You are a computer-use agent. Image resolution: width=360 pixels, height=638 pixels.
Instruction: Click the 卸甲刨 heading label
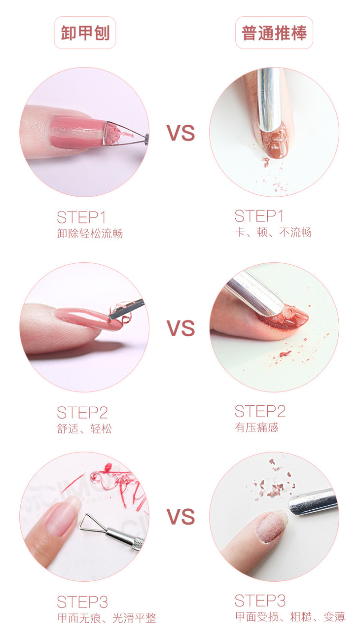coord(85,33)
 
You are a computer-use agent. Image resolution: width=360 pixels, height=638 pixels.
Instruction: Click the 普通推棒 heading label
coord(274,33)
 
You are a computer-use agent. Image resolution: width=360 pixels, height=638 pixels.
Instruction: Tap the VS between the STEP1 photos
coord(180,133)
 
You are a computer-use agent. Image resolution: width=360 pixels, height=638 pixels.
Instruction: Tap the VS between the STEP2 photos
coord(180,328)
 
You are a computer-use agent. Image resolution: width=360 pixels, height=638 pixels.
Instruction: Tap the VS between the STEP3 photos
coord(180,517)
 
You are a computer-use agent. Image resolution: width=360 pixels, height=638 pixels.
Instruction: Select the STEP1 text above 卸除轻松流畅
coord(81,217)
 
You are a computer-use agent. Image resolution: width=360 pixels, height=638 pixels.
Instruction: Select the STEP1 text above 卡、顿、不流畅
coord(259,216)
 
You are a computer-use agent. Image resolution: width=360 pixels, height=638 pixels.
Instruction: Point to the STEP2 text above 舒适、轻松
coord(82,412)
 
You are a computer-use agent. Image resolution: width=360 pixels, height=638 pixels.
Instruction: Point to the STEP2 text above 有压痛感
coord(260,411)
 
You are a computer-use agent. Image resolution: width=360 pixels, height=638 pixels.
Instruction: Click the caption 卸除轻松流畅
coord(90,234)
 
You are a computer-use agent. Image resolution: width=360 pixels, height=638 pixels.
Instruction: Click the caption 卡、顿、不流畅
coord(273,232)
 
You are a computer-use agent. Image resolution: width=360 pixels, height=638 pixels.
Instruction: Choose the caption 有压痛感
coord(256,427)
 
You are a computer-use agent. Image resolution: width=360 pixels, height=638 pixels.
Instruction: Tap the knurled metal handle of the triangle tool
coord(137,543)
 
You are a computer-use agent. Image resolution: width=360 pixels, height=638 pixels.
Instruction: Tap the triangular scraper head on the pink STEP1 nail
coord(117,133)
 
